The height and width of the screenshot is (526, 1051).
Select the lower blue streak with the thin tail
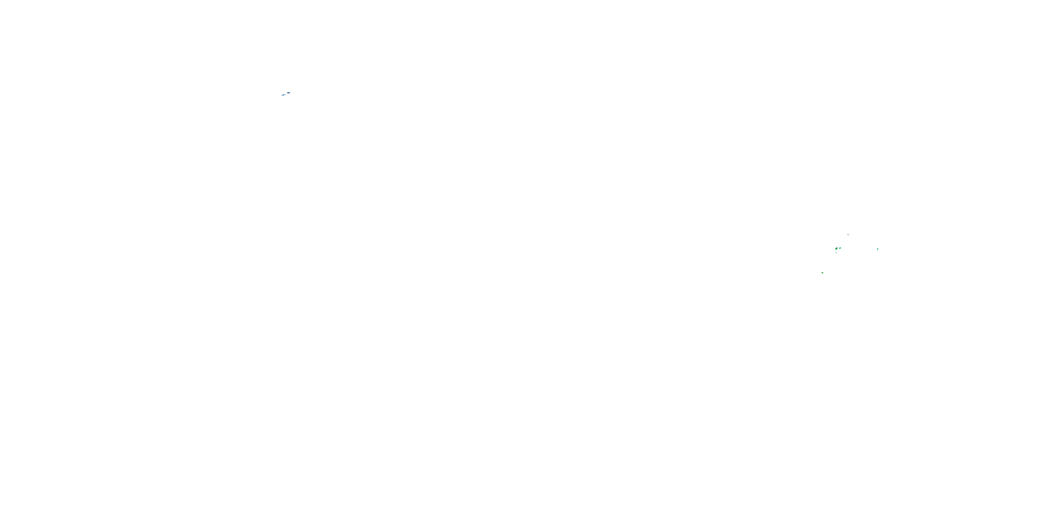pos(283,95)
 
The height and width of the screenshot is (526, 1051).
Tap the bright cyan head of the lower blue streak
pos(283,95)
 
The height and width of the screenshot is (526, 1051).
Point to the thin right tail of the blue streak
pos(286,95)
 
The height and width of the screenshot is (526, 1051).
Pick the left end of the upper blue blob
pos(287,94)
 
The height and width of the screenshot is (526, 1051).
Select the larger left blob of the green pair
pos(836,249)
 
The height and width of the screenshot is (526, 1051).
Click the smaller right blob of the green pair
pos(840,248)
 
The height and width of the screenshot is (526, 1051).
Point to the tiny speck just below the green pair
pos(836,252)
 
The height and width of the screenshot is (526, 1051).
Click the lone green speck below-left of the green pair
pos(823,273)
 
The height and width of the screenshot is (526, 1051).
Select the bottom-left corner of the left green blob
pos(836,250)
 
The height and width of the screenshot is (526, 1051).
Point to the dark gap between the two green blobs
pos(838,249)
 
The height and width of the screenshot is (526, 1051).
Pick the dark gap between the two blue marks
pos(286,94)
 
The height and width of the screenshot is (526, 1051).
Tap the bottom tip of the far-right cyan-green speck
pos(878,250)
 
